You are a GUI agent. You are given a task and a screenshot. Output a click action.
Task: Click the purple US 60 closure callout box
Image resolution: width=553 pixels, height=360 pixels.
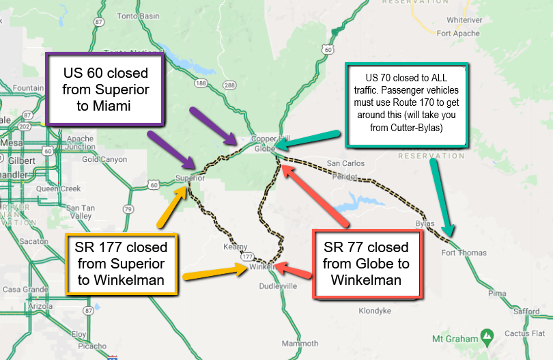[105, 89]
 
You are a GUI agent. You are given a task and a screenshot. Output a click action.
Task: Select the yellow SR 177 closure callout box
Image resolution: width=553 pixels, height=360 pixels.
[121, 264]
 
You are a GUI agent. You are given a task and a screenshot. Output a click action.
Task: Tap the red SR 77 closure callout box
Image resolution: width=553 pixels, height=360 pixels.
[367, 264]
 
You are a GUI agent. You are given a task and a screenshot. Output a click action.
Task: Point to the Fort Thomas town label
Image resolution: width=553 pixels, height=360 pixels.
[464, 253]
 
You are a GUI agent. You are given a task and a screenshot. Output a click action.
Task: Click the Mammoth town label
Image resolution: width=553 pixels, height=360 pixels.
[300, 343]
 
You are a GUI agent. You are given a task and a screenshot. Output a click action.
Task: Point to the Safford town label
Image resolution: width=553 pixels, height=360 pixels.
[526, 311]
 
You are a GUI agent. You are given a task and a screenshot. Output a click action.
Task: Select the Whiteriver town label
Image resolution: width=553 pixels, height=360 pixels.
[465, 20]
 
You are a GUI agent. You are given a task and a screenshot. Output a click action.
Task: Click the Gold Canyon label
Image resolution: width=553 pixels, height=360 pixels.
[104, 159]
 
